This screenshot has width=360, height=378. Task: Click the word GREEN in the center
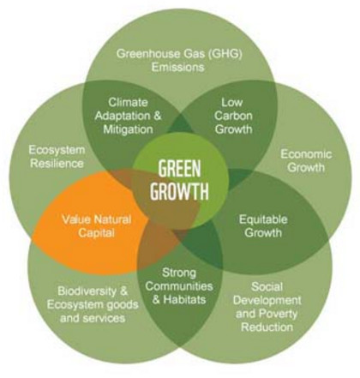[x=179, y=169]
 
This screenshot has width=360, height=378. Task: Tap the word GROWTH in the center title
[x=179, y=190]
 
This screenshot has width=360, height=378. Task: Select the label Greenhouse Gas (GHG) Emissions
[x=179, y=61]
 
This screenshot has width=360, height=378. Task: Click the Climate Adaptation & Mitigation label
[x=129, y=116]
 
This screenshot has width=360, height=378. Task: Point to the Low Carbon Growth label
[x=233, y=116]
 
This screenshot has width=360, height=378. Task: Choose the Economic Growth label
[x=306, y=161]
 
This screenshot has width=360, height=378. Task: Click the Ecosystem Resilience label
[x=57, y=157]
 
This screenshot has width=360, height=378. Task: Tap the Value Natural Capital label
[x=97, y=226]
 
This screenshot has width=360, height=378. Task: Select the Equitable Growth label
[x=263, y=226]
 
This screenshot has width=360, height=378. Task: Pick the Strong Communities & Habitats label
[x=179, y=286]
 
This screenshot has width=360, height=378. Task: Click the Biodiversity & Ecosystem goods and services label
[x=93, y=304]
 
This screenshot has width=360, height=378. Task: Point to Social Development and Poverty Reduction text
[x=267, y=307]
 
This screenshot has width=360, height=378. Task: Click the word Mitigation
[x=129, y=129]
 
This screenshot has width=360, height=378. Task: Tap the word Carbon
[x=233, y=116]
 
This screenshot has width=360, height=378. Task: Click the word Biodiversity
[x=86, y=291]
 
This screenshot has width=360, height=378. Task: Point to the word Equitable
[x=263, y=219]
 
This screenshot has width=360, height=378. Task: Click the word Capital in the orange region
[x=96, y=232]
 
